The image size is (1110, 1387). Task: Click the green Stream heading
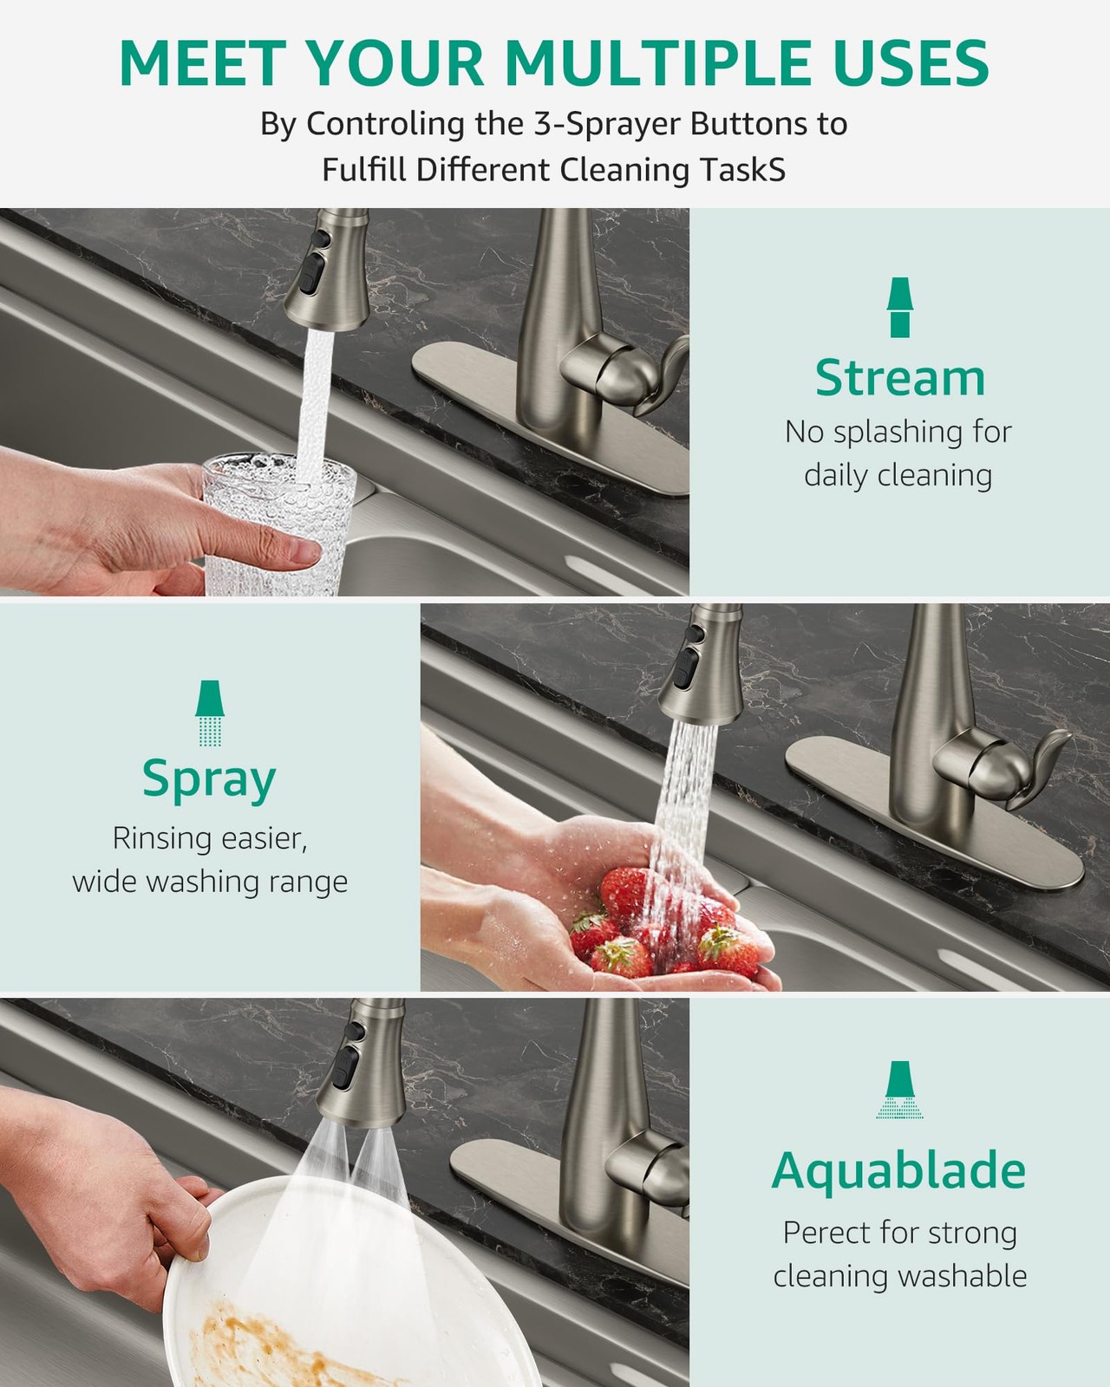click(900, 378)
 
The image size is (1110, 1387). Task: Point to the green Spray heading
click(209, 780)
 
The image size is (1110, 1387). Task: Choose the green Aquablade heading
click(898, 1169)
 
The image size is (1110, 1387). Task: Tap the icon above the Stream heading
click(900, 308)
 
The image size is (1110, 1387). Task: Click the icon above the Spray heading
click(210, 713)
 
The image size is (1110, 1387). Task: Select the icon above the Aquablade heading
click(899, 1090)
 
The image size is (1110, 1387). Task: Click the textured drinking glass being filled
click(278, 524)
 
